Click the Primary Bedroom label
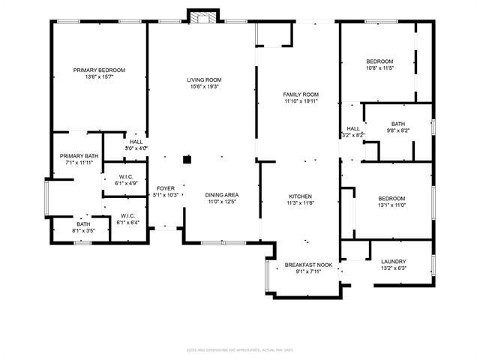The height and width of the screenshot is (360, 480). coord(99,70)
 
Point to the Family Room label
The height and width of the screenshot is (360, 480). coord(301,94)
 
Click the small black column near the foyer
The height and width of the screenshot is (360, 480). coord(187,159)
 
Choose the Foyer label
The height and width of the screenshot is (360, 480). coord(166,187)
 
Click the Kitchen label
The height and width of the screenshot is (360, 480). coord(301,196)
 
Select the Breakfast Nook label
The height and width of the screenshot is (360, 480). coord(308,265)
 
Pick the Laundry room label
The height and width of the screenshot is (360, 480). coord(393,261)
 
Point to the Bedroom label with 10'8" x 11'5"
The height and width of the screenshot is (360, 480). coord(380,61)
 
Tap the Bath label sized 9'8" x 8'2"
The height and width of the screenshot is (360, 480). coord(398,124)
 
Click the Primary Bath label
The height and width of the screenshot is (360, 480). coord(79,155)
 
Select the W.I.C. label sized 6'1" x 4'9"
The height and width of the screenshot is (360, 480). coord(125,177)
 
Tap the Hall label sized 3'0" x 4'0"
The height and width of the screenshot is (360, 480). coord(136,141)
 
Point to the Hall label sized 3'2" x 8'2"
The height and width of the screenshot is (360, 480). coord(353,128)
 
